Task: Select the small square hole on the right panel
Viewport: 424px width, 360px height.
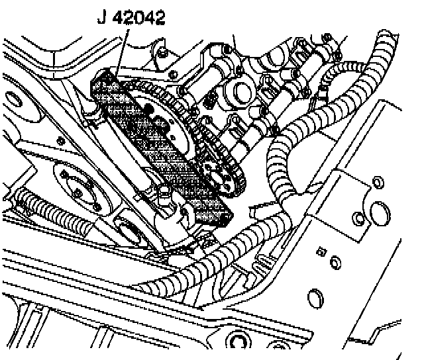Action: pos(323,251)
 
